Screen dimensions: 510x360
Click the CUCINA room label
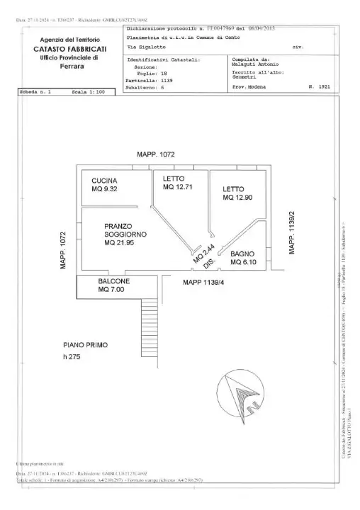point(104,181)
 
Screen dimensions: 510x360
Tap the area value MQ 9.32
point(105,190)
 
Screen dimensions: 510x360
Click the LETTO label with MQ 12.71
point(174,178)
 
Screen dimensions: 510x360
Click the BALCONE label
point(113,281)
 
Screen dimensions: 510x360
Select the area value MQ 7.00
point(112,290)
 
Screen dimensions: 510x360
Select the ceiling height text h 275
point(73,357)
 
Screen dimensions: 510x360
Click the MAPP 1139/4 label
point(203,283)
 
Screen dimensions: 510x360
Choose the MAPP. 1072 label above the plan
point(156,154)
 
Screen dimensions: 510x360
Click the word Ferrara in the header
point(69,66)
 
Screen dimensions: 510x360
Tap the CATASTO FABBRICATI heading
point(69,48)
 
